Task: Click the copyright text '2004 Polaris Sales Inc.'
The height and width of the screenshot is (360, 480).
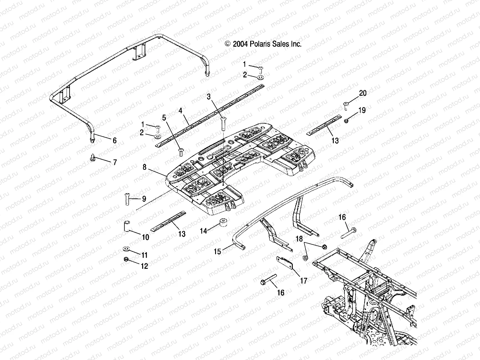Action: tap(263, 44)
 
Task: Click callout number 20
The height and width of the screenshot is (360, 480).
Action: tap(363, 93)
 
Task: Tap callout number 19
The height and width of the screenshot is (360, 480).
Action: tap(362, 110)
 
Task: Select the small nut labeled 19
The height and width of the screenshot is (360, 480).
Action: tap(346, 121)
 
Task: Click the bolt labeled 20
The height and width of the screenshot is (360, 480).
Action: tap(346, 106)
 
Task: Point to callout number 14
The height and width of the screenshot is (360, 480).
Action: tap(204, 231)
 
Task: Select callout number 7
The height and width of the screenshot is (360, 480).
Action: tap(114, 163)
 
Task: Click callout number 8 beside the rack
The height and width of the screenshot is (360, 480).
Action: tap(144, 167)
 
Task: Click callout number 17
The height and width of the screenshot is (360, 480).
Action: tap(304, 281)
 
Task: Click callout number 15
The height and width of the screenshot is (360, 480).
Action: tap(217, 251)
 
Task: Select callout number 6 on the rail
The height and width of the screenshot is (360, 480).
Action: tap(114, 140)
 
